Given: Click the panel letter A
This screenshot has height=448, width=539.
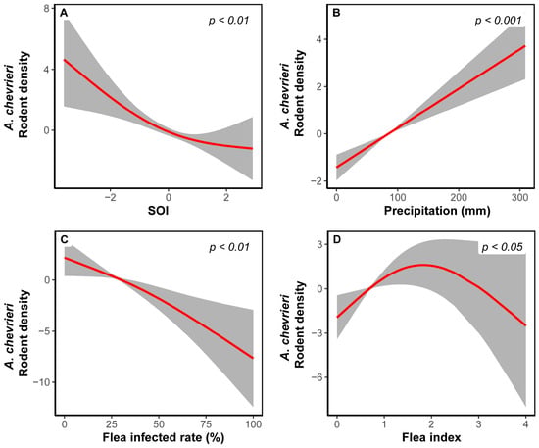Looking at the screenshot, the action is point(64,13).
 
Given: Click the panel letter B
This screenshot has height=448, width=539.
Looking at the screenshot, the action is point(337,13).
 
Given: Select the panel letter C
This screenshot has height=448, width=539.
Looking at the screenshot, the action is point(64,239).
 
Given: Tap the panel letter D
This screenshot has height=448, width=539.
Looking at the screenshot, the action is point(337,239).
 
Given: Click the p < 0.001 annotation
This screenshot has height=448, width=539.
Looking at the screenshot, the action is point(498,21).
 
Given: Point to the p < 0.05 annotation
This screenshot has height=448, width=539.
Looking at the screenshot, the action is point(502,247).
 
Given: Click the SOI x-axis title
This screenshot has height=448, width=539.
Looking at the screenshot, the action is point(158,210).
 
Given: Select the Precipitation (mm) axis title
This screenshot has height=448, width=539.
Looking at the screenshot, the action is point(437,211).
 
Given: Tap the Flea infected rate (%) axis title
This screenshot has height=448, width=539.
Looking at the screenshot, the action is point(164,437).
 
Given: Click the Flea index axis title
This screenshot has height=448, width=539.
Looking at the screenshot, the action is point(431,437).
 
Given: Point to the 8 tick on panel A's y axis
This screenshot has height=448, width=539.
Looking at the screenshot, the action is point(46,8).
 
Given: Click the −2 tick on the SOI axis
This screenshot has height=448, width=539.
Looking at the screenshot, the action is point(110,197).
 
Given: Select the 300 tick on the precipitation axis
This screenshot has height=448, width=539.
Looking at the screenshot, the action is point(519,197).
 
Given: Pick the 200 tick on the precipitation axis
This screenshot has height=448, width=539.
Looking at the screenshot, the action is point(459,197).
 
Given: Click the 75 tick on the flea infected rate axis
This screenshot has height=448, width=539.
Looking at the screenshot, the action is point(205,424).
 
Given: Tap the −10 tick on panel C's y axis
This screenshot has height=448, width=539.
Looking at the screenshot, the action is point(41,382).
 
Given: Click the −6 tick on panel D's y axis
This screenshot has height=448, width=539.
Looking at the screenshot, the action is point(318,377).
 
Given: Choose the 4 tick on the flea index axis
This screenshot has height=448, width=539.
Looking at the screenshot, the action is point(525,424).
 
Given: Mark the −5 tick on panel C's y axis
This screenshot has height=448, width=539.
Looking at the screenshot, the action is point(44,331).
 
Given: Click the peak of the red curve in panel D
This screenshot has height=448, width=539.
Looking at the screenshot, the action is point(423,265).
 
